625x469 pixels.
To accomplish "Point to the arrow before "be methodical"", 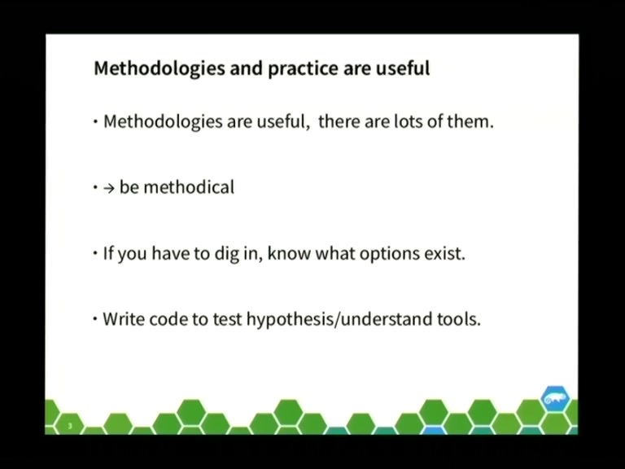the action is point(109,188).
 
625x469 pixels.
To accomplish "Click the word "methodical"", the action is point(189,186).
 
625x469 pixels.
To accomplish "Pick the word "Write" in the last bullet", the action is point(121,319).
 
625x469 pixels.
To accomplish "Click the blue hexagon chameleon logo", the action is point(555,398).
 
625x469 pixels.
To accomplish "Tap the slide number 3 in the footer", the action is point(70,426).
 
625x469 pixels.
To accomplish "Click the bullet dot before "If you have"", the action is point(95,253).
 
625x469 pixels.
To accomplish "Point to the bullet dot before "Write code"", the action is point(95,318).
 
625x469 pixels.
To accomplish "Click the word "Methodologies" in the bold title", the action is point(160,68).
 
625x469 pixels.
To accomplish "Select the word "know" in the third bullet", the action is point(289,253).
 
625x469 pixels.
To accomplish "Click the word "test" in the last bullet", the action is point(227,319).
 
